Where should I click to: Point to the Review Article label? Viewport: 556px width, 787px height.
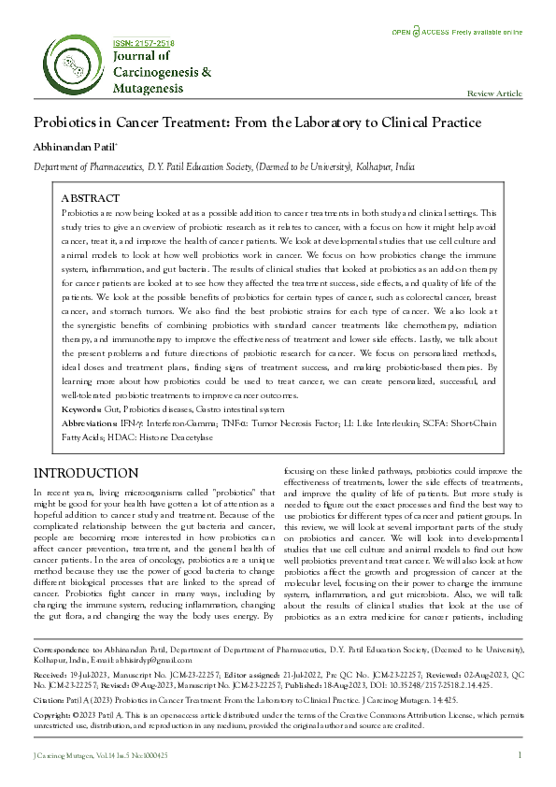tap(494, 94)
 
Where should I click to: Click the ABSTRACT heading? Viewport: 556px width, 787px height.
tap(90, 199)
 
